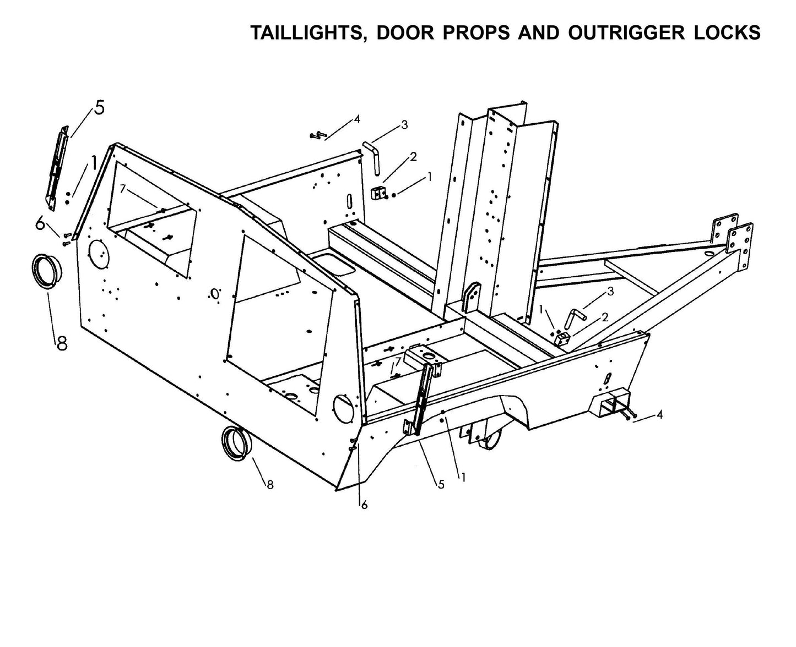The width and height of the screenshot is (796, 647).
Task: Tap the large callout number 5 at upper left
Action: coord(99,108)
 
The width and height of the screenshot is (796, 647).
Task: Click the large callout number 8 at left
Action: coord(61,343)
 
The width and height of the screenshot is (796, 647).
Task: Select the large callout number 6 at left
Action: coord(40,223)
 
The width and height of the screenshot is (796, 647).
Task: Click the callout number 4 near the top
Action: coord(357,119)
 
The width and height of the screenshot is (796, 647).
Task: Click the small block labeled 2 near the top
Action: coord(379,193)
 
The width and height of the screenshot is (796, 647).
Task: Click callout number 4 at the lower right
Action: coord(659,415)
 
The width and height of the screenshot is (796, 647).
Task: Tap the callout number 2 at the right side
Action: coord(604,317)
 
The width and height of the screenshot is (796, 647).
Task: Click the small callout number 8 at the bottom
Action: coord(269,484)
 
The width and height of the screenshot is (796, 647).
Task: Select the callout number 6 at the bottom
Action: coord(364,505)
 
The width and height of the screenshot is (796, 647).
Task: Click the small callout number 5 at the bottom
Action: coord(441,484)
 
